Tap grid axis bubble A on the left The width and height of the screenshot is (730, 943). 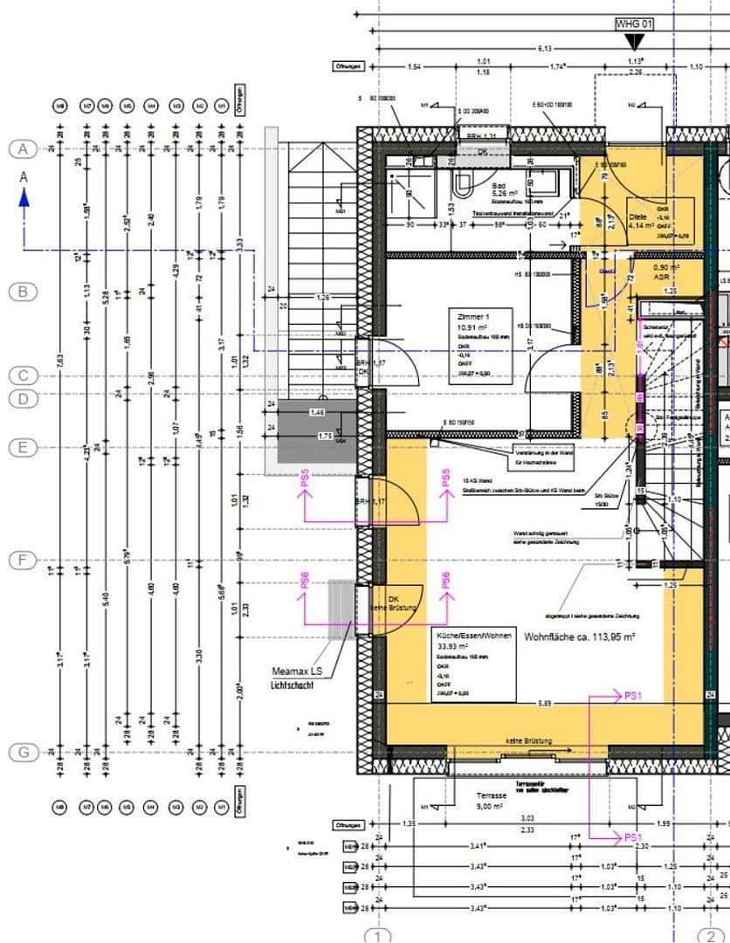[x=24, y=149]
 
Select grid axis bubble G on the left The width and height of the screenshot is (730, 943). [x=24, y=752]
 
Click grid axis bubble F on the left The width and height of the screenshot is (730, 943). [x=24, y=560]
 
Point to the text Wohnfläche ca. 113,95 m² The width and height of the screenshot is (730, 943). [x=579, y=637]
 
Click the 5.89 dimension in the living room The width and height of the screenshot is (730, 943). [x=544, y=703]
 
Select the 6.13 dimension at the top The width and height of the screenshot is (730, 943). [x=543, y=49]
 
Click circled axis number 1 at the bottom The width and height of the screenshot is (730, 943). [x=378, y=936]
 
